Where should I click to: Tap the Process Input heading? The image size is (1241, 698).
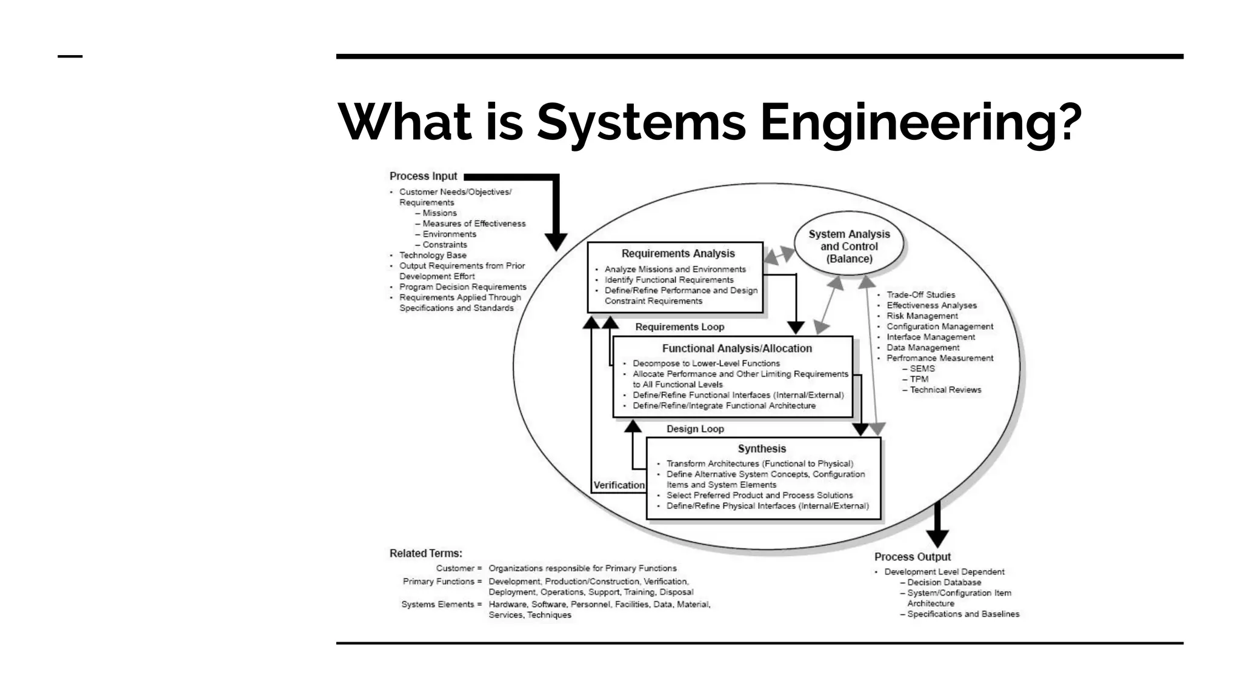pyautogui.click(x=423, y=176)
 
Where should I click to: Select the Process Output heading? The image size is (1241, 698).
pyautogui.click(x=912, y=557)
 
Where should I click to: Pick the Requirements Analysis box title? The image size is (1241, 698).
pyautogui.click(x=677, y=254)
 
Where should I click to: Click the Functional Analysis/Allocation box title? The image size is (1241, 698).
pyautogui.click(x=736, y=348)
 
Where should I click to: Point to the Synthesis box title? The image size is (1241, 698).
pyautogui.click(x=762, y=449)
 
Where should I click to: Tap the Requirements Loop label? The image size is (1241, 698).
pyautogui.click(x=679, y=327)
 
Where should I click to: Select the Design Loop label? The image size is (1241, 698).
pyautogui.click(x=695, y=429)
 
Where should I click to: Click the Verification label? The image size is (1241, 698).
pyautogui.click(x=619, y=485)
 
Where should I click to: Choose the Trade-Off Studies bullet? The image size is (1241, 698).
pyautogui.click(x=920, y=295)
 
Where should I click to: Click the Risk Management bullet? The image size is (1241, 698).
pyautogui.click(x=922, y=316)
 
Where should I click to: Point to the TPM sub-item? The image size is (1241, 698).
pyautogui.click(x=919, y=379)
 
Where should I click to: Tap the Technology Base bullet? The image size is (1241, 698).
pyautogui.click(x=432, y=256)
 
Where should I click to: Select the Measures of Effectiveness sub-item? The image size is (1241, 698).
pyautogui.click(x=473, y=224)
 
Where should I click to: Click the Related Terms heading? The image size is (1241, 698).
pyautogui.click(x=425, y=553)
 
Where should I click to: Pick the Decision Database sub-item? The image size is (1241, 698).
pyautogui.click(x=943, y=582)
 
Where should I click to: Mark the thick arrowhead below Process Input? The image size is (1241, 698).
pyautogui.click(x=556, y=242)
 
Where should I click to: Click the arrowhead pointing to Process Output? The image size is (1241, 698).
pyautogui.click(x=937, y=538)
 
